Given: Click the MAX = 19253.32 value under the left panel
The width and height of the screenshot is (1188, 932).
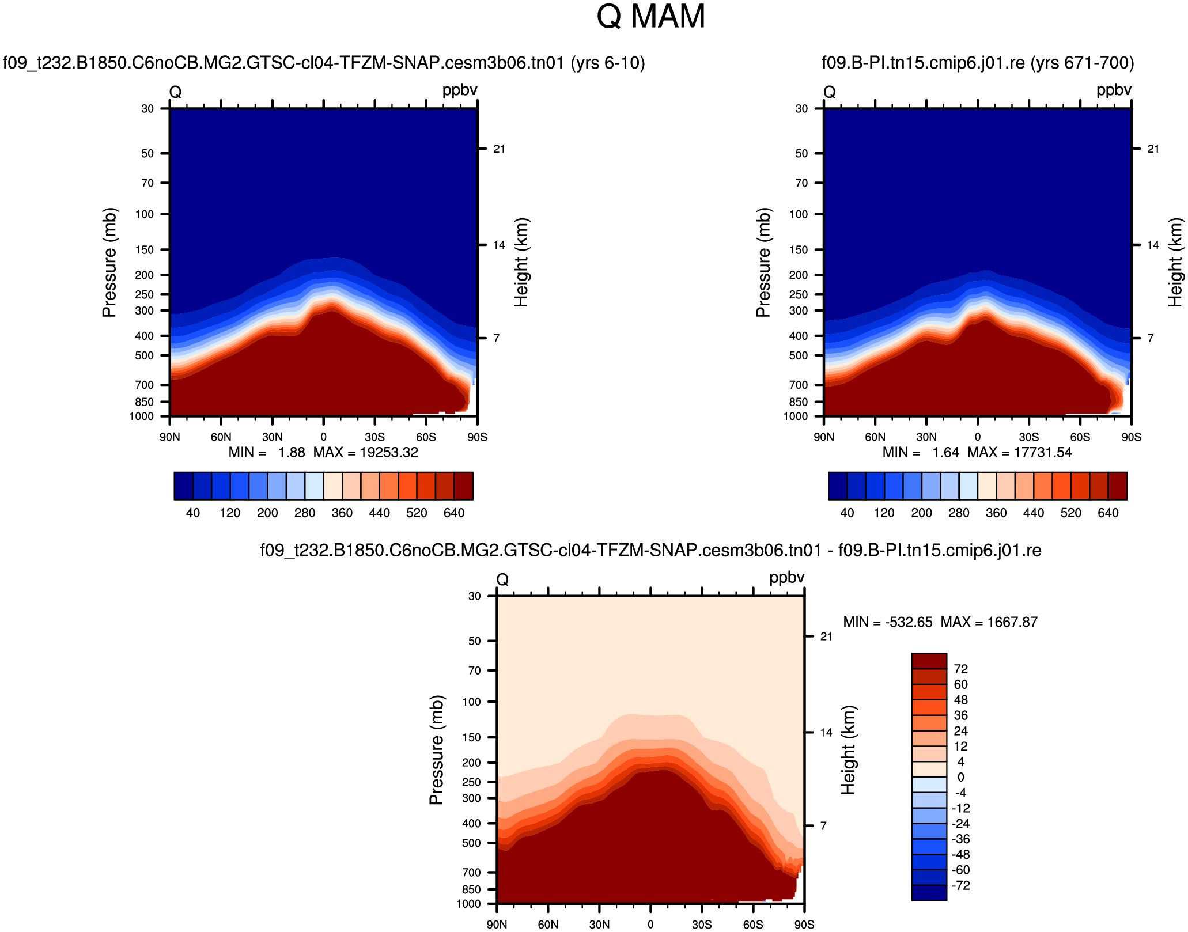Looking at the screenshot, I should (366, 453).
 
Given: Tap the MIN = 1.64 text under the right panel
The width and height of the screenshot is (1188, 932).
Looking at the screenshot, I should (921, 453).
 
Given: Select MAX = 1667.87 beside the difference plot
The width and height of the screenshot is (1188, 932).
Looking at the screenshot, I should (989, 622).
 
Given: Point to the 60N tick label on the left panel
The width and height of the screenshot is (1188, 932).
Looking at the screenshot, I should (221, 437).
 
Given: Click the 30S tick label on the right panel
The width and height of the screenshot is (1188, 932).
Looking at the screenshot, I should (1028, 437).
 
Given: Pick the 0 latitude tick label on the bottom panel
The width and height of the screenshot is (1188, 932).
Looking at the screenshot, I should (650, 925).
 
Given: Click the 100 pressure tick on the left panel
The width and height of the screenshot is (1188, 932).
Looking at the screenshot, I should (144, 214).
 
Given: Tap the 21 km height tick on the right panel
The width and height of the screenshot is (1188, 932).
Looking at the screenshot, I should (1153, 149).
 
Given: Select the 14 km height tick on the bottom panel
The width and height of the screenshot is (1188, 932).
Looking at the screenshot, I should (826, 733).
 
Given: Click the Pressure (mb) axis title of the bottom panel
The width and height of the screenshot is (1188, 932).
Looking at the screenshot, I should (436, 750).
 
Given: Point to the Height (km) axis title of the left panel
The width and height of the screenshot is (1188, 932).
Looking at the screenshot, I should (521, 263).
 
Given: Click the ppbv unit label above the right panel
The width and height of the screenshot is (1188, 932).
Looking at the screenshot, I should (1114, 90).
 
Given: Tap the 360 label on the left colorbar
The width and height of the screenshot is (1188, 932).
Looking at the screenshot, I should (342, 513).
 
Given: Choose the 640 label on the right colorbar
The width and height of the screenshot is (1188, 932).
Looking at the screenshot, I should (1108, 513).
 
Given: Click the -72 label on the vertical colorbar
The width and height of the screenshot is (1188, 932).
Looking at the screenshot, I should (961, 885).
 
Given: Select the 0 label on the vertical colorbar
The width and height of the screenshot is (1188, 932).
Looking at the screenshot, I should (960, 777).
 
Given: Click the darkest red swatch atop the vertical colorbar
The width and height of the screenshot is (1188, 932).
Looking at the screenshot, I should (929, 661).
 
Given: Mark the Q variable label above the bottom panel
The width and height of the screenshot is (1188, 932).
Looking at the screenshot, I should (502, 579).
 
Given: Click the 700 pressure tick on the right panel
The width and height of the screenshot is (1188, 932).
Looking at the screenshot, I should (798, 385).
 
